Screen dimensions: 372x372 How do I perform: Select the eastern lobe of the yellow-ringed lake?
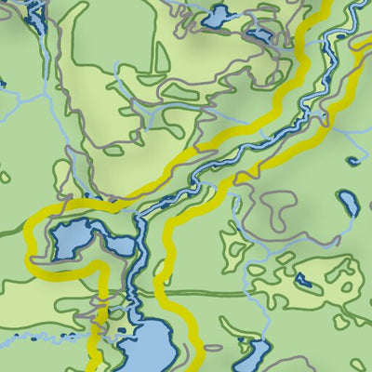(119, 246)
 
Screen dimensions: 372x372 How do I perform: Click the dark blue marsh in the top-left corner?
(35, 13)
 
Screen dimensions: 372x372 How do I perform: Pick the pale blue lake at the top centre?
(219, 16)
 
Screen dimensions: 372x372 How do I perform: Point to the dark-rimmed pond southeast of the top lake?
(259, 35)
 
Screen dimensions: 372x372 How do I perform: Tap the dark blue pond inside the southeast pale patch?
(302, 278)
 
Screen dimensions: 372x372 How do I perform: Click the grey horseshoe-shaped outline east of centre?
(279, 209)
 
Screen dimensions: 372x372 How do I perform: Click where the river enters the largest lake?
(139, 316)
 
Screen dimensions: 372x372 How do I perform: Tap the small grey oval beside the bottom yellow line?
(165, 271)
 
